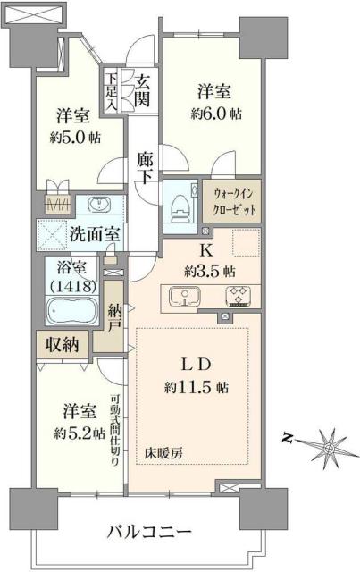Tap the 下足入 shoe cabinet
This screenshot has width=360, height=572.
pyautogui.click(x=111, y=91)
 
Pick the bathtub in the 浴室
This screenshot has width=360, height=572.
pyautogui.click(x=71, y=313)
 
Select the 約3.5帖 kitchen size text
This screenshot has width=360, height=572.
pyautogui.click(x=213, y=270)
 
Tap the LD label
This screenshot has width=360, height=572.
pyautogui.click(x=197, y=366)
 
